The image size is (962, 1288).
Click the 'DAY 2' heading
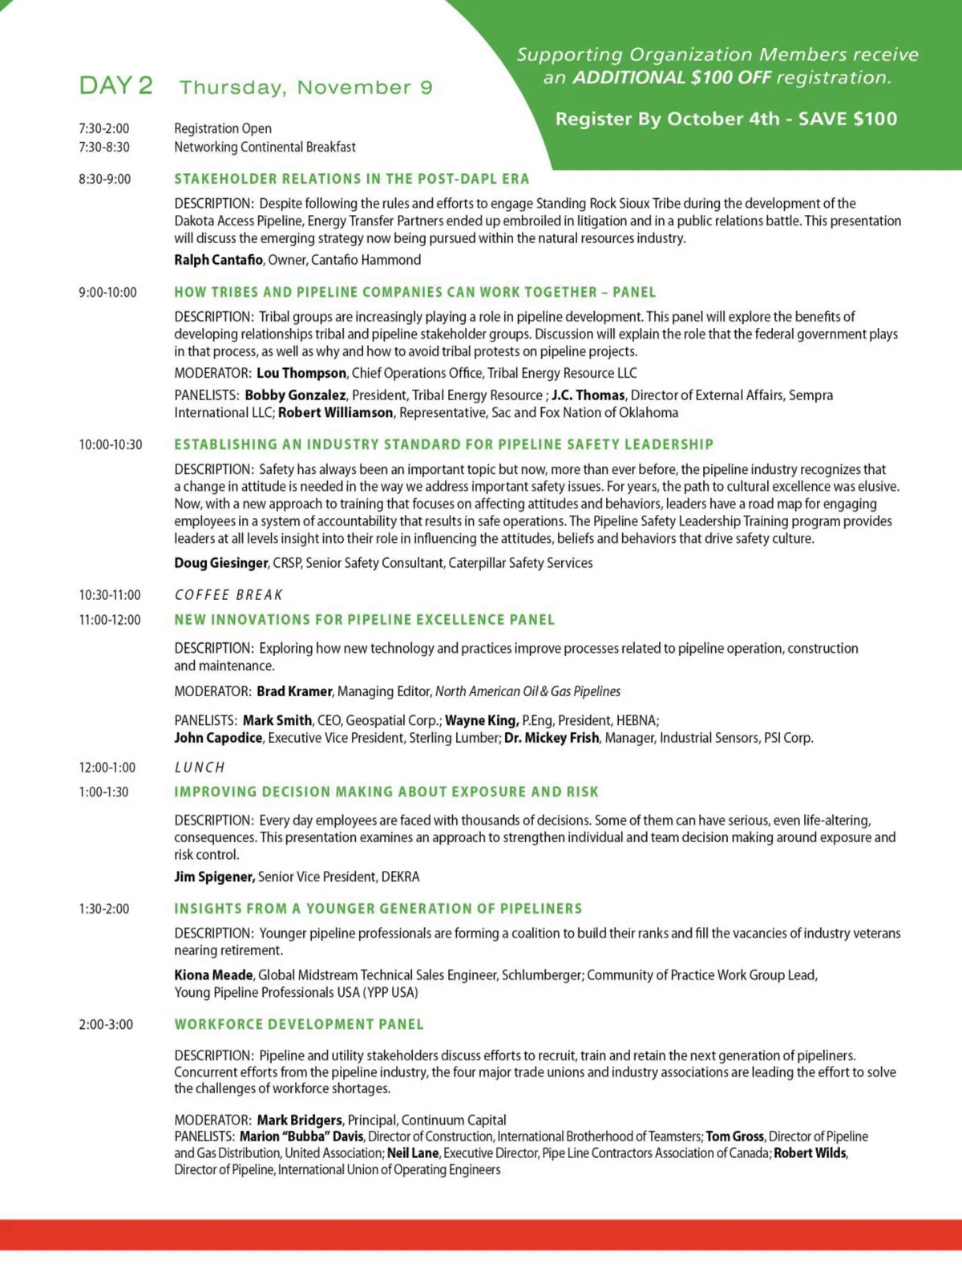115,86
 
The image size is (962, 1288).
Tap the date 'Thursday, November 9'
305,87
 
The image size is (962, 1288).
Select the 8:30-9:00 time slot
104,179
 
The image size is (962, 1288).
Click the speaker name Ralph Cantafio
218,260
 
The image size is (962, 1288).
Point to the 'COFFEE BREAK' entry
228,595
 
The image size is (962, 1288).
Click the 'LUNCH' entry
200,768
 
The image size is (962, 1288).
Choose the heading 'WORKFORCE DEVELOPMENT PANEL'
299,1024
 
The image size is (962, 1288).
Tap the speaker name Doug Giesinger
221,563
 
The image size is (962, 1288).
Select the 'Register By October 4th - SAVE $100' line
726,119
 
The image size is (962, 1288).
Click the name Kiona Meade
213,975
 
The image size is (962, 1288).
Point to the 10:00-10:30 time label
110,444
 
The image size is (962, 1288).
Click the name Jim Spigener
214,877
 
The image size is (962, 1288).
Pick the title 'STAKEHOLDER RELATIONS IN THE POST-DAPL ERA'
352,179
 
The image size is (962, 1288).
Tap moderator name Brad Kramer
294,691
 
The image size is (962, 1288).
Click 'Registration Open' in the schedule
223,128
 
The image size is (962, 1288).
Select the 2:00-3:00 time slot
106,1024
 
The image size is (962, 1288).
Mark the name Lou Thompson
301,373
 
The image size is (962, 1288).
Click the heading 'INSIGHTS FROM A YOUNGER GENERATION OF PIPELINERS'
378,909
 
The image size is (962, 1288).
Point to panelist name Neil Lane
413,1153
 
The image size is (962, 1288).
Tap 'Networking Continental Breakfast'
265,147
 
